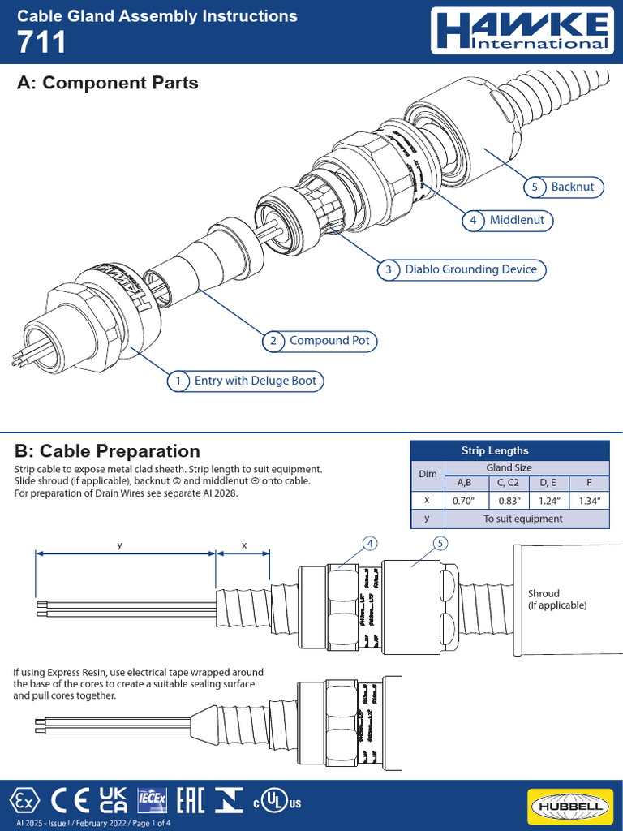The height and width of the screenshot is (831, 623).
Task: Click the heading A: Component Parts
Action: point(107,83)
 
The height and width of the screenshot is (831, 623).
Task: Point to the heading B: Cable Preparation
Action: point(107,450)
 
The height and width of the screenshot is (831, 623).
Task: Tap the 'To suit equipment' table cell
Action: point(522,519)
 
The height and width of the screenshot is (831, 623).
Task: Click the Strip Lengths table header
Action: point(494,450)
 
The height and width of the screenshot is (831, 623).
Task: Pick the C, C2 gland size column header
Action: point(508,484)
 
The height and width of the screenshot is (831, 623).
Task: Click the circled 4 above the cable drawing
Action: point(370,543)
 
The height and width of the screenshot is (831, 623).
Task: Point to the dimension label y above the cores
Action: point(119,546)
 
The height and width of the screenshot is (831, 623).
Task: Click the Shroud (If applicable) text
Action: point(556,600)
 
